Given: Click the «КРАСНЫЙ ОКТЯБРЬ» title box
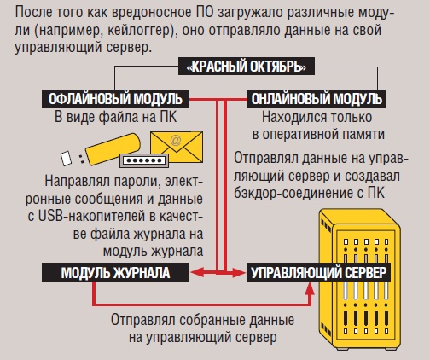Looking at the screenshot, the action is click(x=247, y=67).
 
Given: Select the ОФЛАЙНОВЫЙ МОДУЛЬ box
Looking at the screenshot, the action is click(x=115, y=99).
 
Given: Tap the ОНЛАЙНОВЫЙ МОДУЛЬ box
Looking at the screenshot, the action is click(x=317, y=99).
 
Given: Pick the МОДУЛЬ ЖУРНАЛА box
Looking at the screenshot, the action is click(x=115, y=272).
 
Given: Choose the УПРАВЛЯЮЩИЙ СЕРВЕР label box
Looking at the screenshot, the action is click(x=319, y=272).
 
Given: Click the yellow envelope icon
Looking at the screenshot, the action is click(x=177, y=147).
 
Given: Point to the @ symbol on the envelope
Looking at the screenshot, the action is click(x=176, y=140).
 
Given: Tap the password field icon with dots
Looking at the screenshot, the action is click(x=144, y=160).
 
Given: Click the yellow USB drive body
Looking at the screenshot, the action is click(x=113, y=149).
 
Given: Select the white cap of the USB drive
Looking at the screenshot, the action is click(x=66, y=158).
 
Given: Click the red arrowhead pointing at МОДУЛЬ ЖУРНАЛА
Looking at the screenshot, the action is click(x=197, y=272).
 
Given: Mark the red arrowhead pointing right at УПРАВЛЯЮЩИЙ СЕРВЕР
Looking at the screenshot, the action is click(x=239, y=272).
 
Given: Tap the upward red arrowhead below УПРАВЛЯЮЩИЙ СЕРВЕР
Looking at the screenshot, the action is click(x=310, y=289).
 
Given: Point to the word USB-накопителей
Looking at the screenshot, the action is click(x=92, y=217).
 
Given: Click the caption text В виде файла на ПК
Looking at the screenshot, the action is click(x=115, y=117).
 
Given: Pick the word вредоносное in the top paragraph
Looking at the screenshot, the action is click(x=152, y=13).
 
